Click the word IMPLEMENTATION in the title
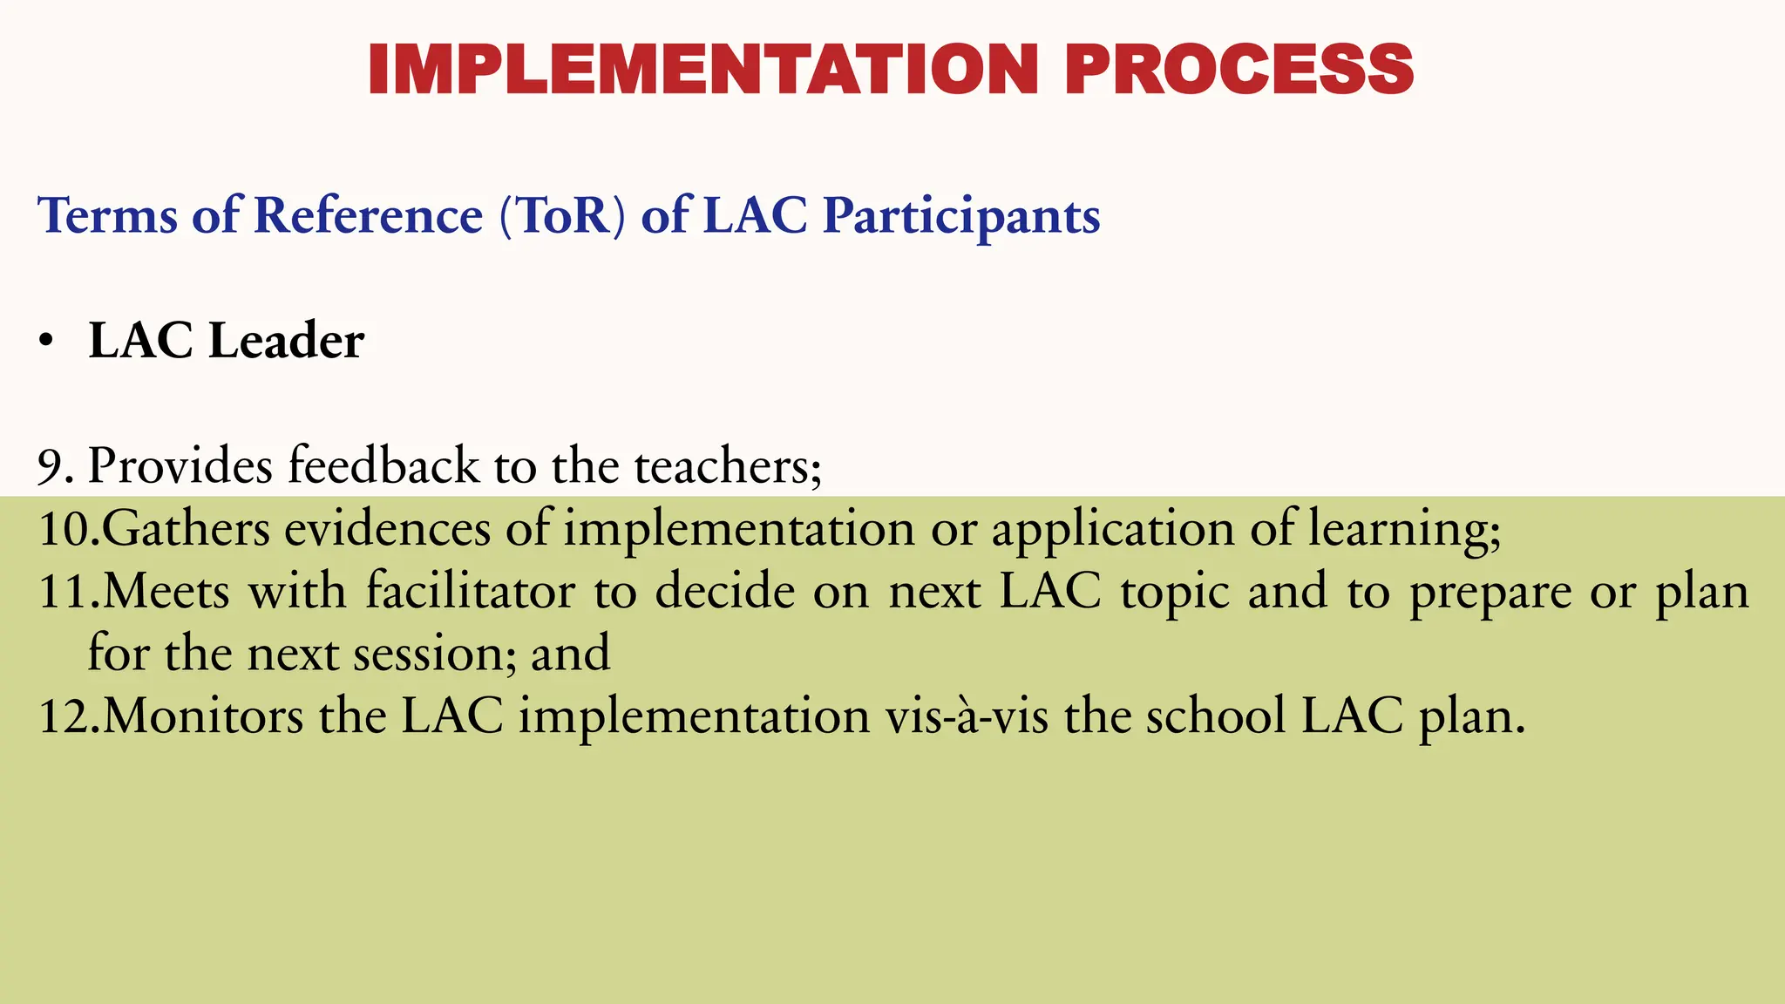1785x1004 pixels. point(702,70)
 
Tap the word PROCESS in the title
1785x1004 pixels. point(1238,70)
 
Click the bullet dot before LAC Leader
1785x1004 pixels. point(46,342)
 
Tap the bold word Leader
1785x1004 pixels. point(287,341)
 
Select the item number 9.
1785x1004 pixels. point(54,466)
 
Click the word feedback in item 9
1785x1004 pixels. point(383,466)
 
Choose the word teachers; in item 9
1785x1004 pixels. point(728,466)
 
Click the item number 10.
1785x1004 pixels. point(68,529)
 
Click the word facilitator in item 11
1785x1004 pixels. point(470,592)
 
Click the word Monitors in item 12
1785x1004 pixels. point(203,717)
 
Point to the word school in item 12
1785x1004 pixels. point(1215,717)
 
